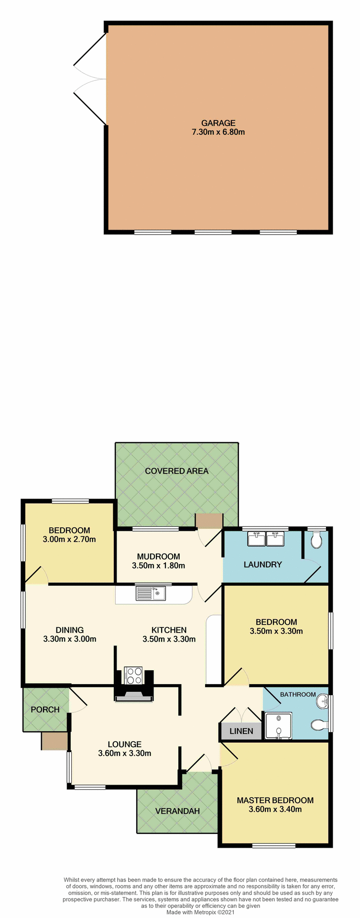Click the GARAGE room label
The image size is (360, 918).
point(218,123)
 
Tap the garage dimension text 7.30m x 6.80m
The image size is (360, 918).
point(218,132)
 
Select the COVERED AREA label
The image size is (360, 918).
point(176,471)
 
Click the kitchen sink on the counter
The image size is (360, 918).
point(150,593)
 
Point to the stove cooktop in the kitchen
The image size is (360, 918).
point(133,676)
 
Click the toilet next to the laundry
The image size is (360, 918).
point(316,541)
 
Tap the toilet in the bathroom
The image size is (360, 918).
point(318,725)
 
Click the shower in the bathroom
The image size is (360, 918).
point(278,726)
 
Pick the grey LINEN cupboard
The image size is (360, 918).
point(241,731)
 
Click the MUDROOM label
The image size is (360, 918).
point(158,557)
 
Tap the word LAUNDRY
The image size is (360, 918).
point(262,565)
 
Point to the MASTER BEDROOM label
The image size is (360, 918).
point(275,800)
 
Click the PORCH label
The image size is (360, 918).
point(45,710)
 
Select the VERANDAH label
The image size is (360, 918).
point(177,811)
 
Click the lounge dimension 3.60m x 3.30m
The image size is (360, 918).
point(124,754)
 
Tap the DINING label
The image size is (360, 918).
point(69,630)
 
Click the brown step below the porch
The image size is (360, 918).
point(54,741)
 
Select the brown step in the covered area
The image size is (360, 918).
point(209,521)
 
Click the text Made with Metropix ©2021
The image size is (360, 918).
point(200,912)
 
